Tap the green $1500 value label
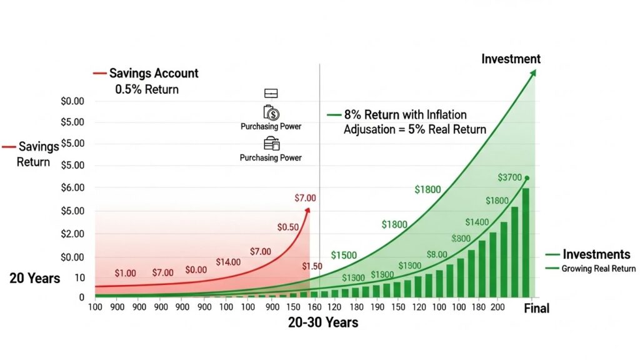click(x=344, y=255)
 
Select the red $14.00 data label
click(x=228, y=262)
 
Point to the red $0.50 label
click(x=287, y=227)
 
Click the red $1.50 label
click(x=312, y=267)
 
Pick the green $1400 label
click(x=477, y=222)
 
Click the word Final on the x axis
click(x=536, y=308)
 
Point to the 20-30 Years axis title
click(x=323, y=323)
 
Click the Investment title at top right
click(x=511, y=59)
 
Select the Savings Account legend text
click(x=154, y=73)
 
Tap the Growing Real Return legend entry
click(x=598, y=269)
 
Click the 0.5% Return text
click(x=147, y=89)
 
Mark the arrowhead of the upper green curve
click(x=533, y=72)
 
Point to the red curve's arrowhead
click(x=307, y=210)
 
